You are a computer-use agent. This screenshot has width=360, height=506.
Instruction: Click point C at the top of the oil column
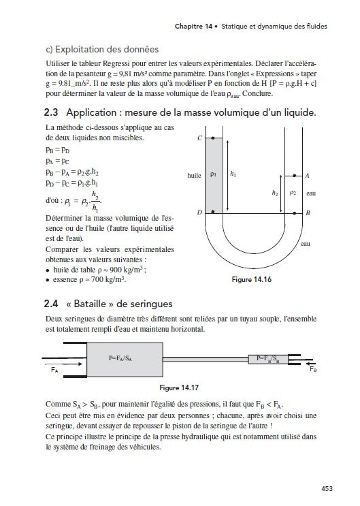pos(213,138)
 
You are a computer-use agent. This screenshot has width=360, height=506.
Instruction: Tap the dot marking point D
pos(213,212)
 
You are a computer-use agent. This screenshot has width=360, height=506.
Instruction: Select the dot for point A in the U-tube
pos(295,176)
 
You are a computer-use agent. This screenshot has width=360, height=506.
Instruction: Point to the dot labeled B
pos(295,213)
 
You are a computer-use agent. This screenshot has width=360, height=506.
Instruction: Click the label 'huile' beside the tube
pos(194,176)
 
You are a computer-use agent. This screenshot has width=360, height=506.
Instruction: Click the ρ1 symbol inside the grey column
pos(213,174)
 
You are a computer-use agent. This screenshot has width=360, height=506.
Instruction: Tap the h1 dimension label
pos(233,174)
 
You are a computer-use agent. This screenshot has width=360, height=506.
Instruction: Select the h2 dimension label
pos(275,193)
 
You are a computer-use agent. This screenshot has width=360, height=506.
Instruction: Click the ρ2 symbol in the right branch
pos(293,193)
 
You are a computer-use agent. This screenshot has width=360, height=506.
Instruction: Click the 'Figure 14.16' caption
pos(252,279)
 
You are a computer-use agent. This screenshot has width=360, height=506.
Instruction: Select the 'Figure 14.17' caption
pos(179,388)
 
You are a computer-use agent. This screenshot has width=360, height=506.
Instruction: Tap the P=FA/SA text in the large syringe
pos(120,358)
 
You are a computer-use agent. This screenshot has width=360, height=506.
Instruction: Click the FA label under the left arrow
pos(54,370)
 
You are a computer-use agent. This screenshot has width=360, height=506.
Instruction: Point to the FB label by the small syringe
pos(313,369)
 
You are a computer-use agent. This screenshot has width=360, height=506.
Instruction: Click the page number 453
pos(327,488)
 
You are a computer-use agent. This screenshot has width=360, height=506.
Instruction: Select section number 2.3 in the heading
pos(51,112)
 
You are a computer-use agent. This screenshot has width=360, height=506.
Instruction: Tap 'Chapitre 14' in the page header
pos(193,27)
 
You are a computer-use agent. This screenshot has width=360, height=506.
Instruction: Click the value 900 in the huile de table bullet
pos(116,270)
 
